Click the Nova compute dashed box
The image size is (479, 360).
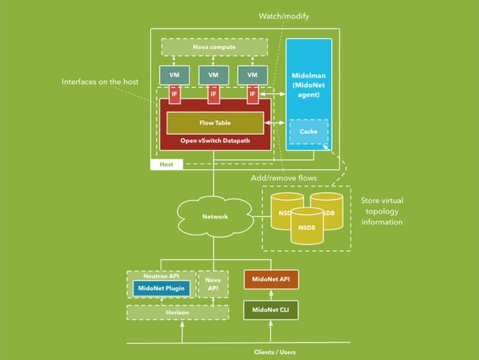pyautogui.click(x=214, y=47)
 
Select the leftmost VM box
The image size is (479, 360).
pyautogui.click(x=174, y=75)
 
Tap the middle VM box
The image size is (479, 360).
pyautogui.click(x=213, y=75)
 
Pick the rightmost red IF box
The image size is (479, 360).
pyautogui.click(x=252, y=95)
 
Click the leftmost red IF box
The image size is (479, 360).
pyautogui.click(x=174, y=95)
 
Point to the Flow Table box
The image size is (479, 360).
pyautogui.click(x=215, y=123)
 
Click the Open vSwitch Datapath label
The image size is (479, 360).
pyautogui.click(x=215, y=140)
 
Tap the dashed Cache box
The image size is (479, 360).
pyautogui.click(x=309, y=132)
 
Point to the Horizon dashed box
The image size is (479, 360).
pyautogui.click(x=177, y=311)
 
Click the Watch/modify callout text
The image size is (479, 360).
pyautogui.click(x=284, y=15)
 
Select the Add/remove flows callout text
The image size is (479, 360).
pyautogui.click(x=282, y=178)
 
